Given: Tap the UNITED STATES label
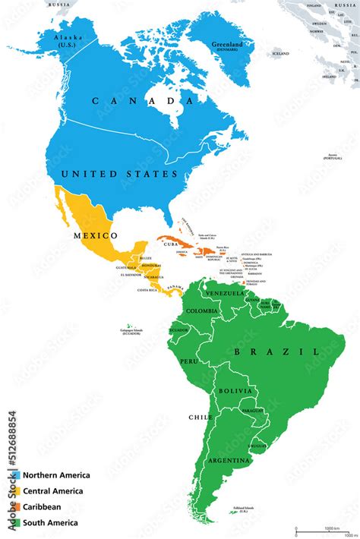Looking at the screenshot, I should coord(119,174).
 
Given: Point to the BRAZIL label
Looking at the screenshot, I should coord(275,352).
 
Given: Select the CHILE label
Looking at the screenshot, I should coord(201,418).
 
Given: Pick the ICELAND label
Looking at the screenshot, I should coord(281,54).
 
